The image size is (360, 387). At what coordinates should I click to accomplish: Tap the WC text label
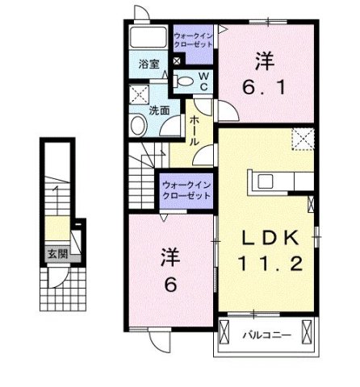(203, 82)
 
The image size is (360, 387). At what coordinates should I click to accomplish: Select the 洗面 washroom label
(158, 110)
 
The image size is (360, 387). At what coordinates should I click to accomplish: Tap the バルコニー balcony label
(263, 331)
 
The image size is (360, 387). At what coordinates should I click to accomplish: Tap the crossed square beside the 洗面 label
(138, 94)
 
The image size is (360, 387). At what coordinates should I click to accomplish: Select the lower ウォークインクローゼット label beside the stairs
(186, 188)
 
